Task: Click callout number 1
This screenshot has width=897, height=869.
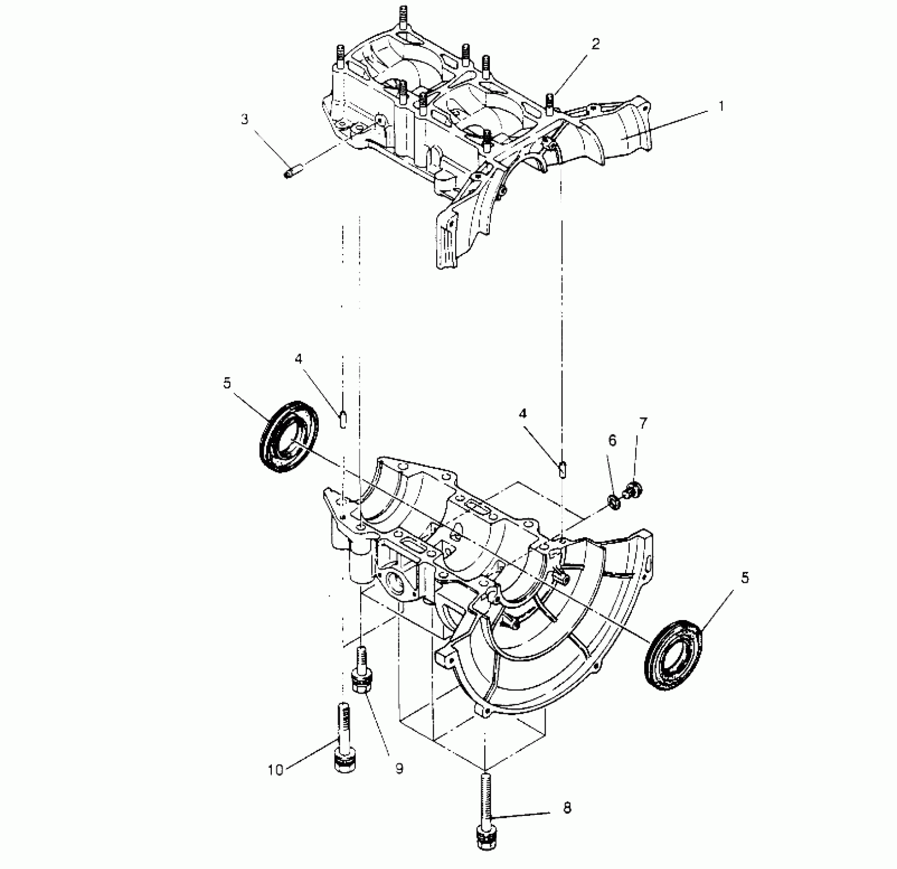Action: pos(721,107)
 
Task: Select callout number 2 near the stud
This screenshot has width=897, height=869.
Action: pos(596,44)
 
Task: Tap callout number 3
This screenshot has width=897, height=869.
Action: pos(245,119)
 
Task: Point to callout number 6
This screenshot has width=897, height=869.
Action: pos(612,440)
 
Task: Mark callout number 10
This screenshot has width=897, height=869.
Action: pos(275,785)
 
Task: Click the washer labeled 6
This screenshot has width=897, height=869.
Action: pos(615,501)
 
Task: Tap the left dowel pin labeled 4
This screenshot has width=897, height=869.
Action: pos(344,420)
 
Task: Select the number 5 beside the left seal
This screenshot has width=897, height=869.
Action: pos(227,383)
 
